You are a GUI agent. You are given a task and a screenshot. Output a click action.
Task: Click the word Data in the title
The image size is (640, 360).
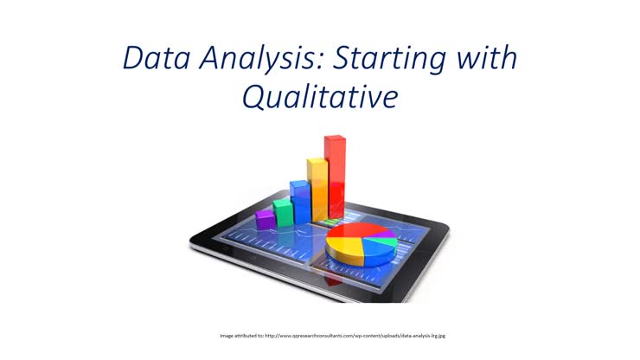157,58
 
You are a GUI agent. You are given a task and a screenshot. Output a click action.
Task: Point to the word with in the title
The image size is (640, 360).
487,58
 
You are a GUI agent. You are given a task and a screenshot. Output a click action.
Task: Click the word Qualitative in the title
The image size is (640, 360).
320,97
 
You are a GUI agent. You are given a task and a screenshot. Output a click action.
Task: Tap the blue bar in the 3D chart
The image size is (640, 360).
300,202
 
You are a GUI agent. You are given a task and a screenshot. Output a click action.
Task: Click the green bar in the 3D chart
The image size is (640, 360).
284,213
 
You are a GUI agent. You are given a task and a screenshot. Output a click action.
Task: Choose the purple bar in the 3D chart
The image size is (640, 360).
266,220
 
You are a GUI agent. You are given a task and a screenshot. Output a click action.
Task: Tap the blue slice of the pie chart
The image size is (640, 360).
378,250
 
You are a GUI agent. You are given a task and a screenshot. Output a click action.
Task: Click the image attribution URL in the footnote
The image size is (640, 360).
355,336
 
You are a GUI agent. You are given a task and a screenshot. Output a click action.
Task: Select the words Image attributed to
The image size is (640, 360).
241,336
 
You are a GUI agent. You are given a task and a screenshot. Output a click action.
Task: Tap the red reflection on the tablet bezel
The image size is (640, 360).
334,280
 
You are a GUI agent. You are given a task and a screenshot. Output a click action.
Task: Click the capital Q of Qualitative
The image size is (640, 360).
253,97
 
